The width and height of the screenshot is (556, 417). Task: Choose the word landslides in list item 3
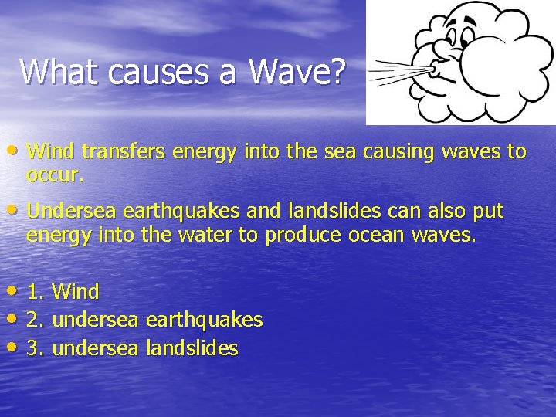191,348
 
